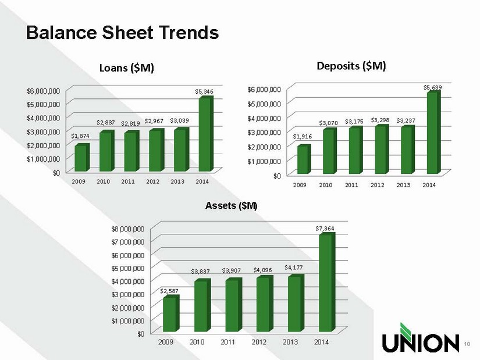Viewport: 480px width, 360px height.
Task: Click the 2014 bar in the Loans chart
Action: click(x=206, y=134)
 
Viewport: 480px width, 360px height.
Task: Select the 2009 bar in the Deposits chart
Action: click(x=304, y=159)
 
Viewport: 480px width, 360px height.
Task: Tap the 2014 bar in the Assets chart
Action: click(x=327, y=282)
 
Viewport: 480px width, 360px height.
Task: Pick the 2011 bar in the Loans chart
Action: click(x=131, y=151)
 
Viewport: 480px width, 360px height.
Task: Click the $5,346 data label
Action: click(x=204, y=91)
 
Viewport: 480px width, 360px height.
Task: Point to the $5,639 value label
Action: click(x=432, y=88)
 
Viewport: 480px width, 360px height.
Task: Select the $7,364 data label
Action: click(x=325, y=229)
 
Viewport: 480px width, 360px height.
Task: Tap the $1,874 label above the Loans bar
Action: click(x=80, y=136)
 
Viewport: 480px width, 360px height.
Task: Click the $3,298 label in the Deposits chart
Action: click(x=380, y=120)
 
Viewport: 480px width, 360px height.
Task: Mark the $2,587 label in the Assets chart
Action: click(x=169, y=291)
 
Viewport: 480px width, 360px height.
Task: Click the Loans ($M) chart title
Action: click(x=126, y=67)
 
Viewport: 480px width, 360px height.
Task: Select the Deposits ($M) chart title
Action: click(x=351, y=66)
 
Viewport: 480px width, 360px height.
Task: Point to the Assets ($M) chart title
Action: click(x=231, y=206)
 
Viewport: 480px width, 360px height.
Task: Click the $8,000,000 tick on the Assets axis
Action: click(x=127, y=229)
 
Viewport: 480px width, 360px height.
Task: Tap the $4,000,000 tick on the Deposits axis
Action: click(x=264, y=118)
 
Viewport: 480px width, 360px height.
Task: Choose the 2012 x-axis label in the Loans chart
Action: click(x=152, y=181)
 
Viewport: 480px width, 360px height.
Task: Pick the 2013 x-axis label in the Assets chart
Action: click(x=290, y=341)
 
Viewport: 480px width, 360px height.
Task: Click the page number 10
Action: click(x=467, y=344)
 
